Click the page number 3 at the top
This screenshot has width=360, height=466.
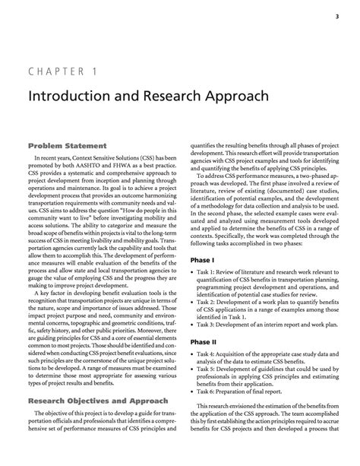tap(336, 14)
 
